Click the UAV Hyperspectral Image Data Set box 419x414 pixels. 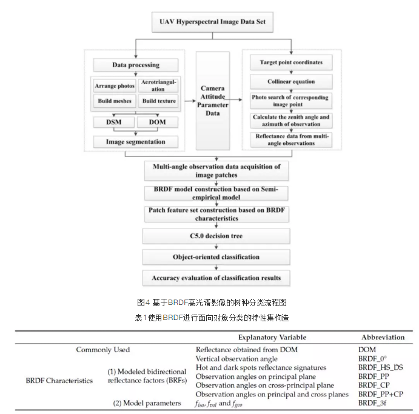point(212,22)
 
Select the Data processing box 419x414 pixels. point(136,65)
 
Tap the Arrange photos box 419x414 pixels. point(115,85)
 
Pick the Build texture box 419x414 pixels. point(159,101)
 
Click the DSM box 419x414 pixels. point(114,122)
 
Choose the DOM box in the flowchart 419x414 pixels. point(158,122)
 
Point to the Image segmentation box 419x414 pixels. point(136,142)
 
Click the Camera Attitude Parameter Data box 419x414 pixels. point(213,101)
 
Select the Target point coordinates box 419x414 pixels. point(291,62)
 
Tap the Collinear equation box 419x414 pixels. point(291,81)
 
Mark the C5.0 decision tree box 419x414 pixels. point(216,236)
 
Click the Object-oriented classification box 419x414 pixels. point(216,257)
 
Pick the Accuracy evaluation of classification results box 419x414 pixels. point(216,278)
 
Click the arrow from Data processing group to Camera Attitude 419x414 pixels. point(190,101)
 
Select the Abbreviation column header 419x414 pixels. point(383,338)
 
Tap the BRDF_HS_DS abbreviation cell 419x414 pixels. point(381,367)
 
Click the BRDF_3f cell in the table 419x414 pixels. point(372,402)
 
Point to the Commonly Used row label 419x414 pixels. point(103,350)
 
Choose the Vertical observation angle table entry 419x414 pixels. point(236,359)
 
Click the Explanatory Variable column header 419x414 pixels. point(272,338)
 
